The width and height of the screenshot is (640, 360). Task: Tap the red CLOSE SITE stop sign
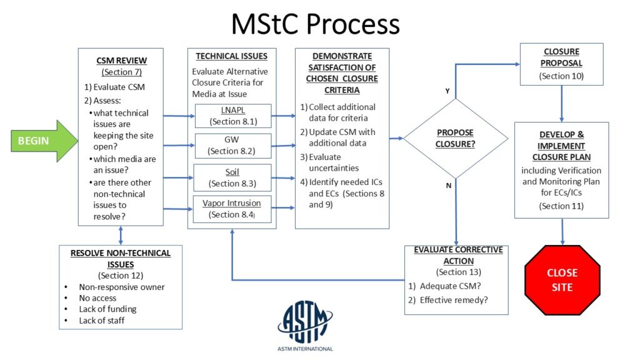[561, 280]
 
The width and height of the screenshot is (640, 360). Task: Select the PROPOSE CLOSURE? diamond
[455, 138]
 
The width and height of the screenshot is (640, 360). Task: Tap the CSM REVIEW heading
[122, 61]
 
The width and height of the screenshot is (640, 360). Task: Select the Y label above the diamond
[447, 91]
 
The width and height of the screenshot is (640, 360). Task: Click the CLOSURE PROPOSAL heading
[562, 57]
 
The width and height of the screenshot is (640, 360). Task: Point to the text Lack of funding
[107, 309]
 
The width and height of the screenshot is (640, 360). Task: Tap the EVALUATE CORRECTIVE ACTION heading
[458, 255]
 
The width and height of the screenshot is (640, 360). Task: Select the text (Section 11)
[561, 206]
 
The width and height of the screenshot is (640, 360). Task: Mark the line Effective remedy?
[455, 299]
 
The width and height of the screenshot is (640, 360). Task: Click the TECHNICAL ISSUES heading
[231, 56]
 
